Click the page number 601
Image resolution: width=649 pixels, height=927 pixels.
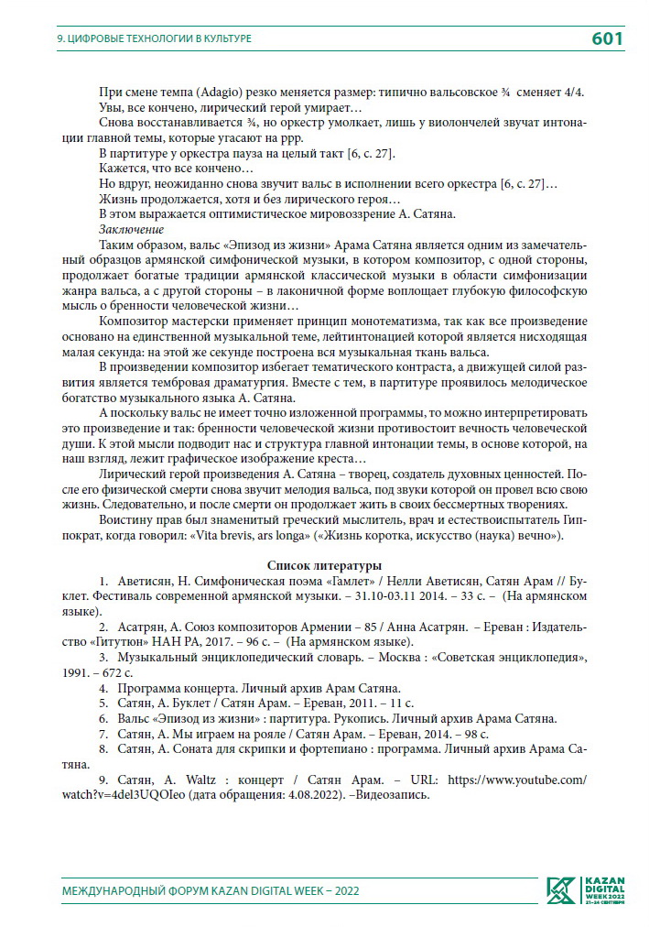[x=607, y=38]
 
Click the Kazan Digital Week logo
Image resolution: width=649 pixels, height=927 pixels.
[x=586, y=889]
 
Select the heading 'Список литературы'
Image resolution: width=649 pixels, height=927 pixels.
[x=324, y=565]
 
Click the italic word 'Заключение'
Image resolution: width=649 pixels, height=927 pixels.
[x=131, y=229]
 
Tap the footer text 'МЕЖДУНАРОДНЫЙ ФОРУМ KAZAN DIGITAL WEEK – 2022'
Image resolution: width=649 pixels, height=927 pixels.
[x=210, y=890]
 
